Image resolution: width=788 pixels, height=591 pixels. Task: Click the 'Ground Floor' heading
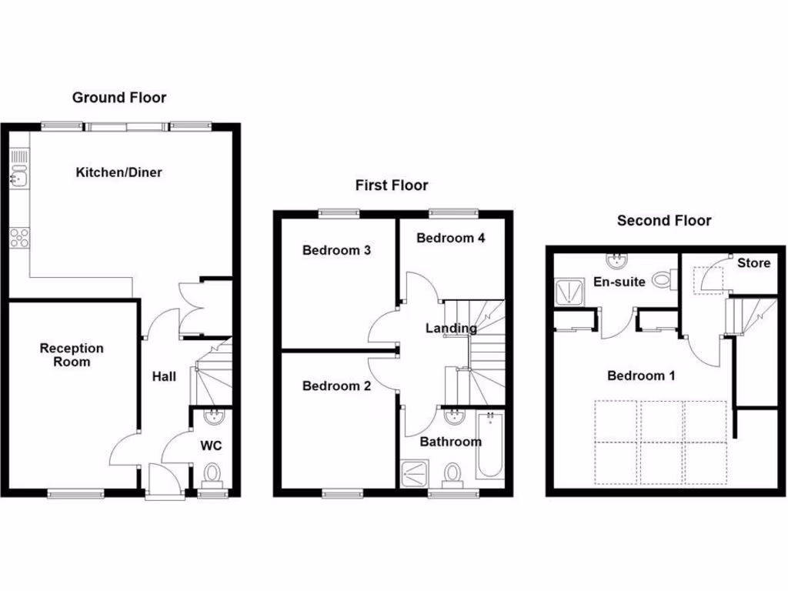[119, 98]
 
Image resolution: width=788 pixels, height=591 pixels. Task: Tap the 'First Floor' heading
[392, 185]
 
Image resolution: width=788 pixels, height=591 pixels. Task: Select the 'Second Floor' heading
[664, 221]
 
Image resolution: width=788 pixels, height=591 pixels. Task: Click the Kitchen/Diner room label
[119, 172]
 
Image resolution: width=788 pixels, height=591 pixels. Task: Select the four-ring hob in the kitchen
[19, 237]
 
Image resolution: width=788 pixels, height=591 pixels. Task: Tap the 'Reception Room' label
[72, 355]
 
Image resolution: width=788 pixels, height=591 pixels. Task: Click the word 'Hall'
[164, 376]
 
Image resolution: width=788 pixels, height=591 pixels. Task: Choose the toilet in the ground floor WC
[211, 472]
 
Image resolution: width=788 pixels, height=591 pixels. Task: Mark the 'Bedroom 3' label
[337, 250]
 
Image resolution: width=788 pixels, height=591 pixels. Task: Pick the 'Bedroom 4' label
[451, 238]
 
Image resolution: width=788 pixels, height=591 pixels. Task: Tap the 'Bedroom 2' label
[337, 386]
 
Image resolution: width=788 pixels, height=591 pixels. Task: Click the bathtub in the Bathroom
[490, 446]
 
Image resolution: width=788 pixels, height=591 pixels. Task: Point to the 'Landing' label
[451, 329]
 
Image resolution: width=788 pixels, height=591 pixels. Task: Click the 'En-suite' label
[619, 282]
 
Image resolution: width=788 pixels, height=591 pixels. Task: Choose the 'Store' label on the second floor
[753, 262]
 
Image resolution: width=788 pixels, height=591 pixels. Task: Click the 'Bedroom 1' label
[641, 376]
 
